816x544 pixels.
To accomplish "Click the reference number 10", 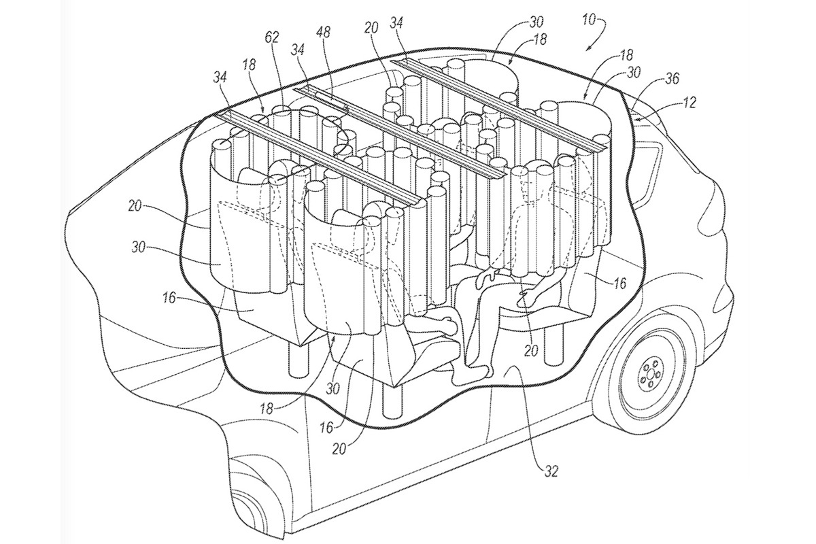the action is pos(588,20).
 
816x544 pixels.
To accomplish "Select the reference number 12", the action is pos(687,103).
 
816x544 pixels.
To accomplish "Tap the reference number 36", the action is pos(671,78).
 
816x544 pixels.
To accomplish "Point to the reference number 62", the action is pos(272,37).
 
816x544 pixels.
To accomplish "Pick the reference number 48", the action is pos(322,33).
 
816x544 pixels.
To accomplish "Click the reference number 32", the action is pos(550,471).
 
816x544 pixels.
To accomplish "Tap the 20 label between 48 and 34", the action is pos(371,28).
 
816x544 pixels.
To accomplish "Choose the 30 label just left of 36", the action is pos(634,72).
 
